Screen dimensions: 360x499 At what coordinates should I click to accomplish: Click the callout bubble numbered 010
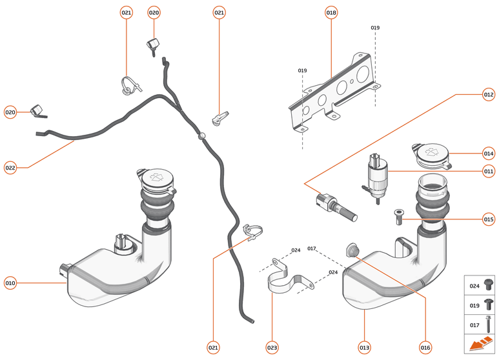(10, 283)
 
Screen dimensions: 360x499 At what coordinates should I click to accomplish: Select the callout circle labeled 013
(365, 348)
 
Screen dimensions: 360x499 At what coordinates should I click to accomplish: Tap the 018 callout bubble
(331, 12)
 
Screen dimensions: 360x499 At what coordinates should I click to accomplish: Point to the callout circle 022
(10, 168)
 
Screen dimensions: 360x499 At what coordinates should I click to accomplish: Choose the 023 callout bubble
(272, 348)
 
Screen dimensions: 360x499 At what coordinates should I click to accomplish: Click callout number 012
(488, 95)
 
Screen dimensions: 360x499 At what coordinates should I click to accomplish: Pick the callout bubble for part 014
(488, 154)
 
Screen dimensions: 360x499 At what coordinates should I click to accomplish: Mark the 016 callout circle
(425, 348)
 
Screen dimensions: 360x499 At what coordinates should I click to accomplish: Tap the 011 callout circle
(488, 172)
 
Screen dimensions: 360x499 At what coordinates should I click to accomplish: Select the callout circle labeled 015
(488, 219)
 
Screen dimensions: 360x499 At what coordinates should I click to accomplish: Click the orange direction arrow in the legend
(480, 345)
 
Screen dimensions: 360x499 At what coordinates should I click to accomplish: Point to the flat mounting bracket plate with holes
(332, 90)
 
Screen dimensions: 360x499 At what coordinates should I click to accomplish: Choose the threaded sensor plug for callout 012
(336, 206)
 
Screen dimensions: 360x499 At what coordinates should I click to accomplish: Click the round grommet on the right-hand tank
(351, 249)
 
